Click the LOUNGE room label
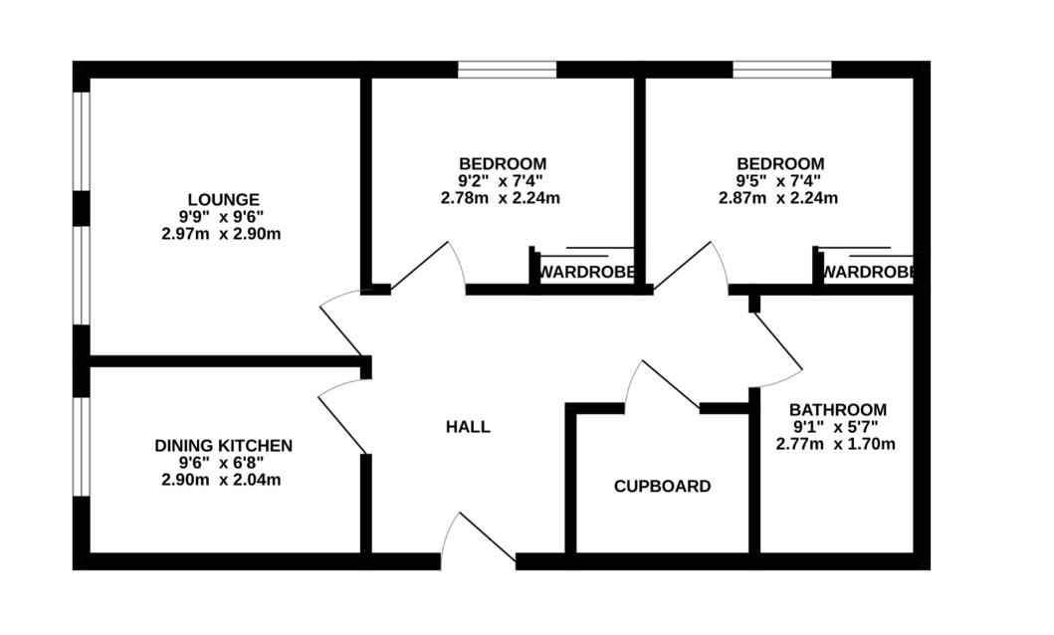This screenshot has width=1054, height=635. tap(223, 200)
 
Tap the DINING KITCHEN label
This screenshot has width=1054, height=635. tap(223, 446)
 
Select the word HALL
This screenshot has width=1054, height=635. tap(468, 427)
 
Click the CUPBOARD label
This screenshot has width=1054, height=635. tap(662, 486)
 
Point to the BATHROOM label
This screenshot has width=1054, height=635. tap(838, 409)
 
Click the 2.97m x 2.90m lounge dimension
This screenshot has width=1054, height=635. tap(221, 235)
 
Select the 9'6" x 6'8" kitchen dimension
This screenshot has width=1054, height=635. tap(221, 463)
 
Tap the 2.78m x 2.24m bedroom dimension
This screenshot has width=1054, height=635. tap(500, 198)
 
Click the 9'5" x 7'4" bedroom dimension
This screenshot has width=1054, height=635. tap(778, 181)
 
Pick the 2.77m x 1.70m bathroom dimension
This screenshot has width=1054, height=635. tap(836, 444)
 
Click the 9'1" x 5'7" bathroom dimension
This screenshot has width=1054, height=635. tap(836, 427)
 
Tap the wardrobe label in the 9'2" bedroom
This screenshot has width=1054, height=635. tap(587, 272)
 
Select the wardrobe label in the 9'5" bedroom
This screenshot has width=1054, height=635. tap(869, 272)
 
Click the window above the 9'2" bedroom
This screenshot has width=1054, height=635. tap(508, 70)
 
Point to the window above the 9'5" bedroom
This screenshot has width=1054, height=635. tap(781, 70)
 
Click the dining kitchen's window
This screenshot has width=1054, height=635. tap(82, 447)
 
